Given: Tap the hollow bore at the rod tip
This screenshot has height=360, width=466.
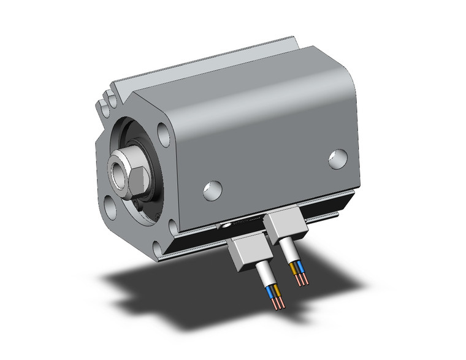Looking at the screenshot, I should coord(116,167).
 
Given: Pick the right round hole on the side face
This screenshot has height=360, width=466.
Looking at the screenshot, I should coord(337,158).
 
